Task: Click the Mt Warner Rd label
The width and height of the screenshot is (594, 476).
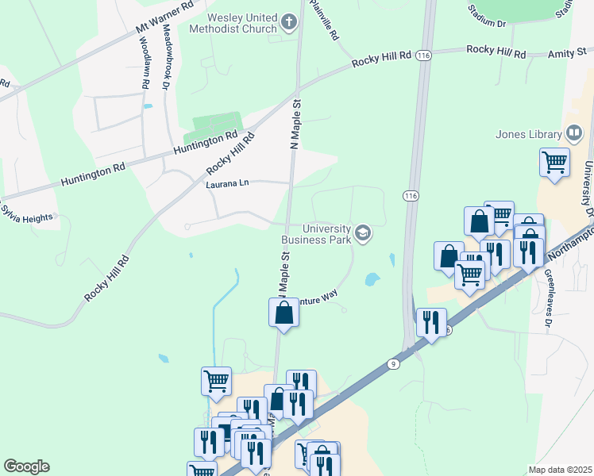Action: pyautogui.click(x=165, y=17)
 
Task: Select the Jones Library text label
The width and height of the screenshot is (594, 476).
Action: pyautogui.click(x=528, y=134)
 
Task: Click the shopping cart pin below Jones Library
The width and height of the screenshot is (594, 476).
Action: pyautogui.click(x=554, y=163)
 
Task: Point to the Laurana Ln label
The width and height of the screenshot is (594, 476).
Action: pyautogui.click(x=228, y=183)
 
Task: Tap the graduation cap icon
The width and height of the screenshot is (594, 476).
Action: pyautogui.click(x=363, y=232)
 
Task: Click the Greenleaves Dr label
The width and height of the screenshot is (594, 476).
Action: pyautogui.click(x=548, y=300)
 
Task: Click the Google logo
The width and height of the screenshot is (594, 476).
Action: pyautogui.click(x=26, y=466)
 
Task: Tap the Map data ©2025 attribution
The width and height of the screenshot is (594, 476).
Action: pyautogui.click(x=559, y=470)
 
